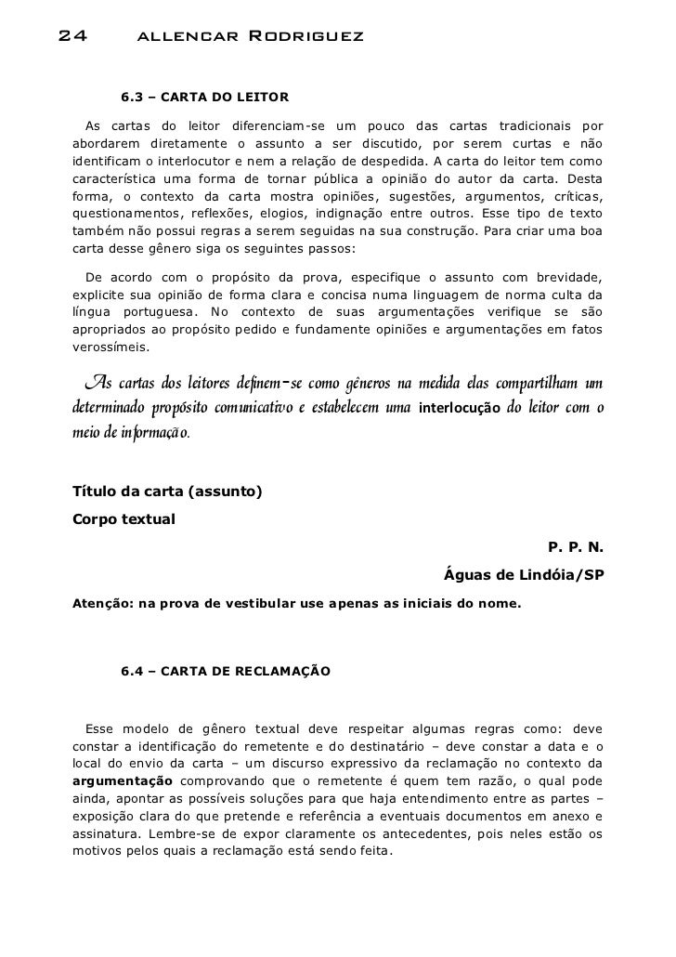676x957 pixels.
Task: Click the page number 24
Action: [x=73, y=38]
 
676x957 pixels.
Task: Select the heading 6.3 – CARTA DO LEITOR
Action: [x=204, y=96]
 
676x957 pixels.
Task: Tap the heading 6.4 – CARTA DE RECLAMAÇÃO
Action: [x=224, y=670]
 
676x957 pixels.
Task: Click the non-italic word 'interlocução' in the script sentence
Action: [x=460, y=408]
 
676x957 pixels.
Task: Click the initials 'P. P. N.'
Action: [x=576, y=546]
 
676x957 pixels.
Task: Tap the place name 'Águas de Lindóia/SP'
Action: [x=525, y=575]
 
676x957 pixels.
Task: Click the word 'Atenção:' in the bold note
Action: [x=102, y=604]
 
